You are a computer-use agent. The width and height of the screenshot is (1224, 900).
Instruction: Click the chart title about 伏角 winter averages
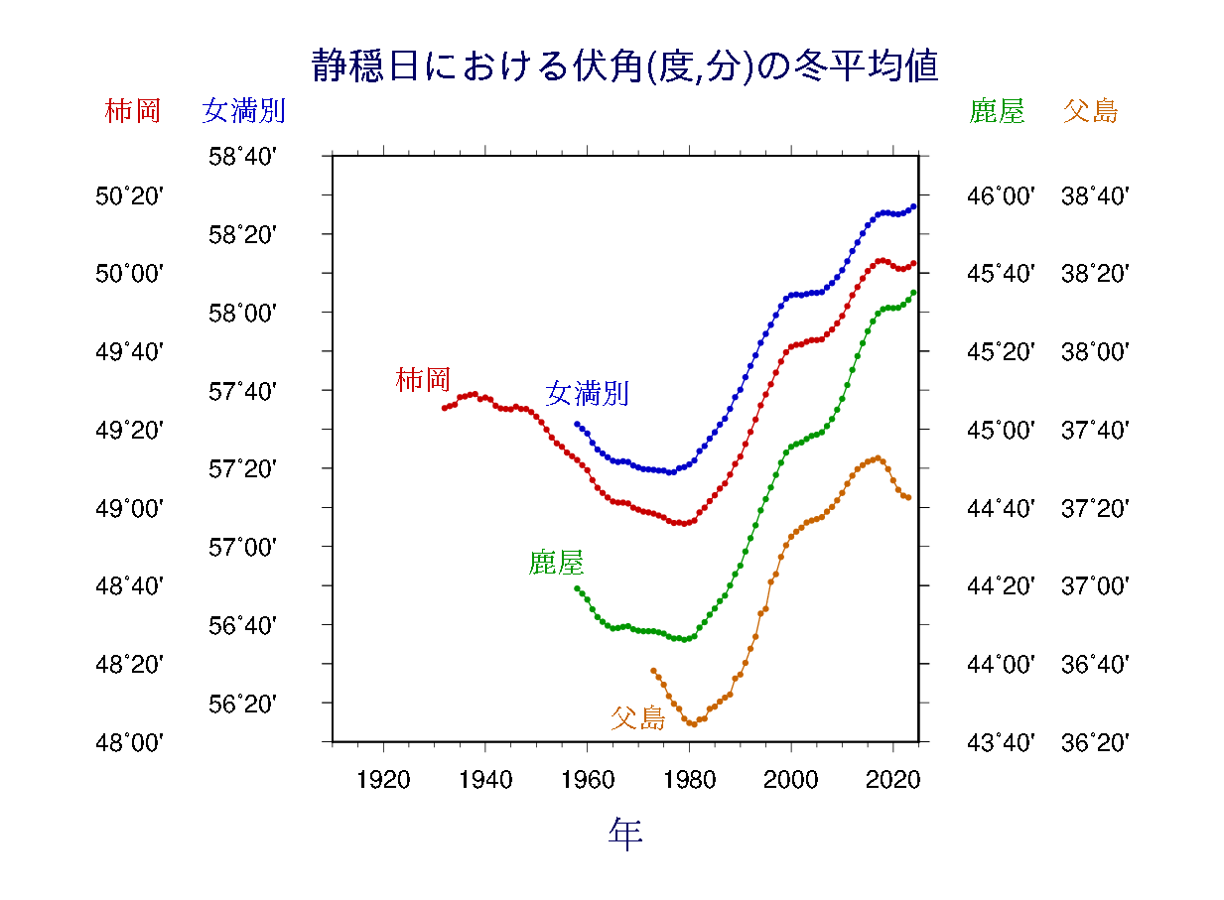click(x=624, y=67)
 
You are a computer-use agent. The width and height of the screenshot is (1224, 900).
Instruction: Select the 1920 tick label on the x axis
click(x=383, y=779)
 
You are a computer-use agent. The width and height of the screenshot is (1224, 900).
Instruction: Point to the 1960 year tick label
click(x=587, y=779)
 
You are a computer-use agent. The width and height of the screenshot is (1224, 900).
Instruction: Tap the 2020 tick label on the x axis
click(x=892, y=779)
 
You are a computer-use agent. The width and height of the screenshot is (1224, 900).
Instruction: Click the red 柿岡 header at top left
click(x=132, y=110)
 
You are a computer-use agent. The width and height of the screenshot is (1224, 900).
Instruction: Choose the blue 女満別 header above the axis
click(x=243, y=110)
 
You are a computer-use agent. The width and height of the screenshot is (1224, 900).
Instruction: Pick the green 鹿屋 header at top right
click(x=997, y=110)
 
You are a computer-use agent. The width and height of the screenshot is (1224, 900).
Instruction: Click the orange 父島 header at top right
click(x=1090, y=110)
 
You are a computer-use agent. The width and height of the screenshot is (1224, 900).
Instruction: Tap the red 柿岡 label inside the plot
click(x=423, y=379)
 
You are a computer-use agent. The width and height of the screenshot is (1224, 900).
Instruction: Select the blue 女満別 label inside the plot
click(x=587, y=393)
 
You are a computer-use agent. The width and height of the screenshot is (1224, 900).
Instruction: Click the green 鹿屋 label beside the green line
click(x=556, y=564)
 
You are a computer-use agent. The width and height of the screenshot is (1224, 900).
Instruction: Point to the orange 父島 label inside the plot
click(x=637, y=717)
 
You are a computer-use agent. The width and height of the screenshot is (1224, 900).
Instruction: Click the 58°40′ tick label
click(x=242, y=157)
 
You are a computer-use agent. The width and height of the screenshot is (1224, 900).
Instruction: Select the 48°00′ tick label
click(x=129, y=742)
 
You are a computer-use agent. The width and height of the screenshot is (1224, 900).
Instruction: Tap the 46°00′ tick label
click(x=1001, y=196)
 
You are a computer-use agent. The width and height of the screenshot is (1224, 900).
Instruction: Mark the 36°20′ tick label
click(x=1095, y=742)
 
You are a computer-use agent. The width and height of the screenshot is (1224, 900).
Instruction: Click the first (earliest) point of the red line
click(x=444, y=408)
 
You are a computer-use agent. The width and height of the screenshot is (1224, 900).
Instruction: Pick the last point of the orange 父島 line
click(x=908, y=497)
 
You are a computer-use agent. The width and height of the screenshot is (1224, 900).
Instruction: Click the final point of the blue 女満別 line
click(x=913, y=206)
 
